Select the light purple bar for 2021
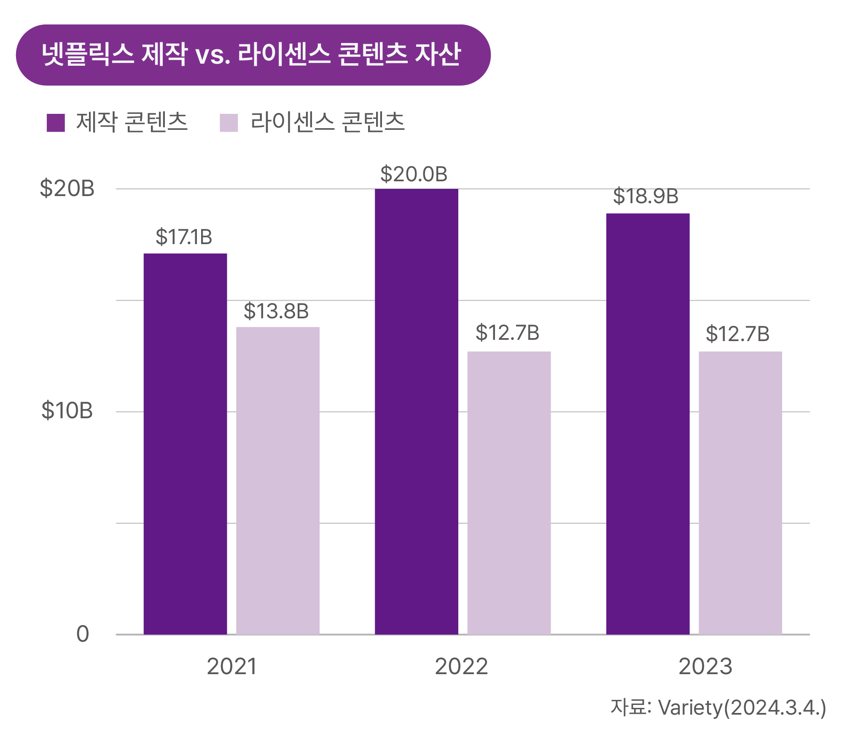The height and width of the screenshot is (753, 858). click(277, 480)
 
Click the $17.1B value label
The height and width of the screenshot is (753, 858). click(184, 237)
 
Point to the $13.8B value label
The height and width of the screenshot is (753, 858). click(276, 311)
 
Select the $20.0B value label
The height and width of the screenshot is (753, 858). click(414, 174)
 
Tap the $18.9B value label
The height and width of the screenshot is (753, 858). click(646, 196)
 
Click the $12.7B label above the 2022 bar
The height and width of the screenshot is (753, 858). click(507, 333)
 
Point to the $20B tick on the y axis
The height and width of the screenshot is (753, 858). click(67, 188)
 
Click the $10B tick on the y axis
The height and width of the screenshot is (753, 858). click(67, 411)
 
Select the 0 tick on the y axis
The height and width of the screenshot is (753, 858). click(83, 634)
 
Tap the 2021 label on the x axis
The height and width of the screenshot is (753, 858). click(231, 667)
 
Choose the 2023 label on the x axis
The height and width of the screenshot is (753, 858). click(705, 667)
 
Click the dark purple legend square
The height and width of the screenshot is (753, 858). click(56, 123)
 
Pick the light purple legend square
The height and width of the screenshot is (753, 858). click(229, 123)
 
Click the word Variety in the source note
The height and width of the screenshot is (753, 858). click(690, 707)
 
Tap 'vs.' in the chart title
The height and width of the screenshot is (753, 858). click(212, 55)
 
